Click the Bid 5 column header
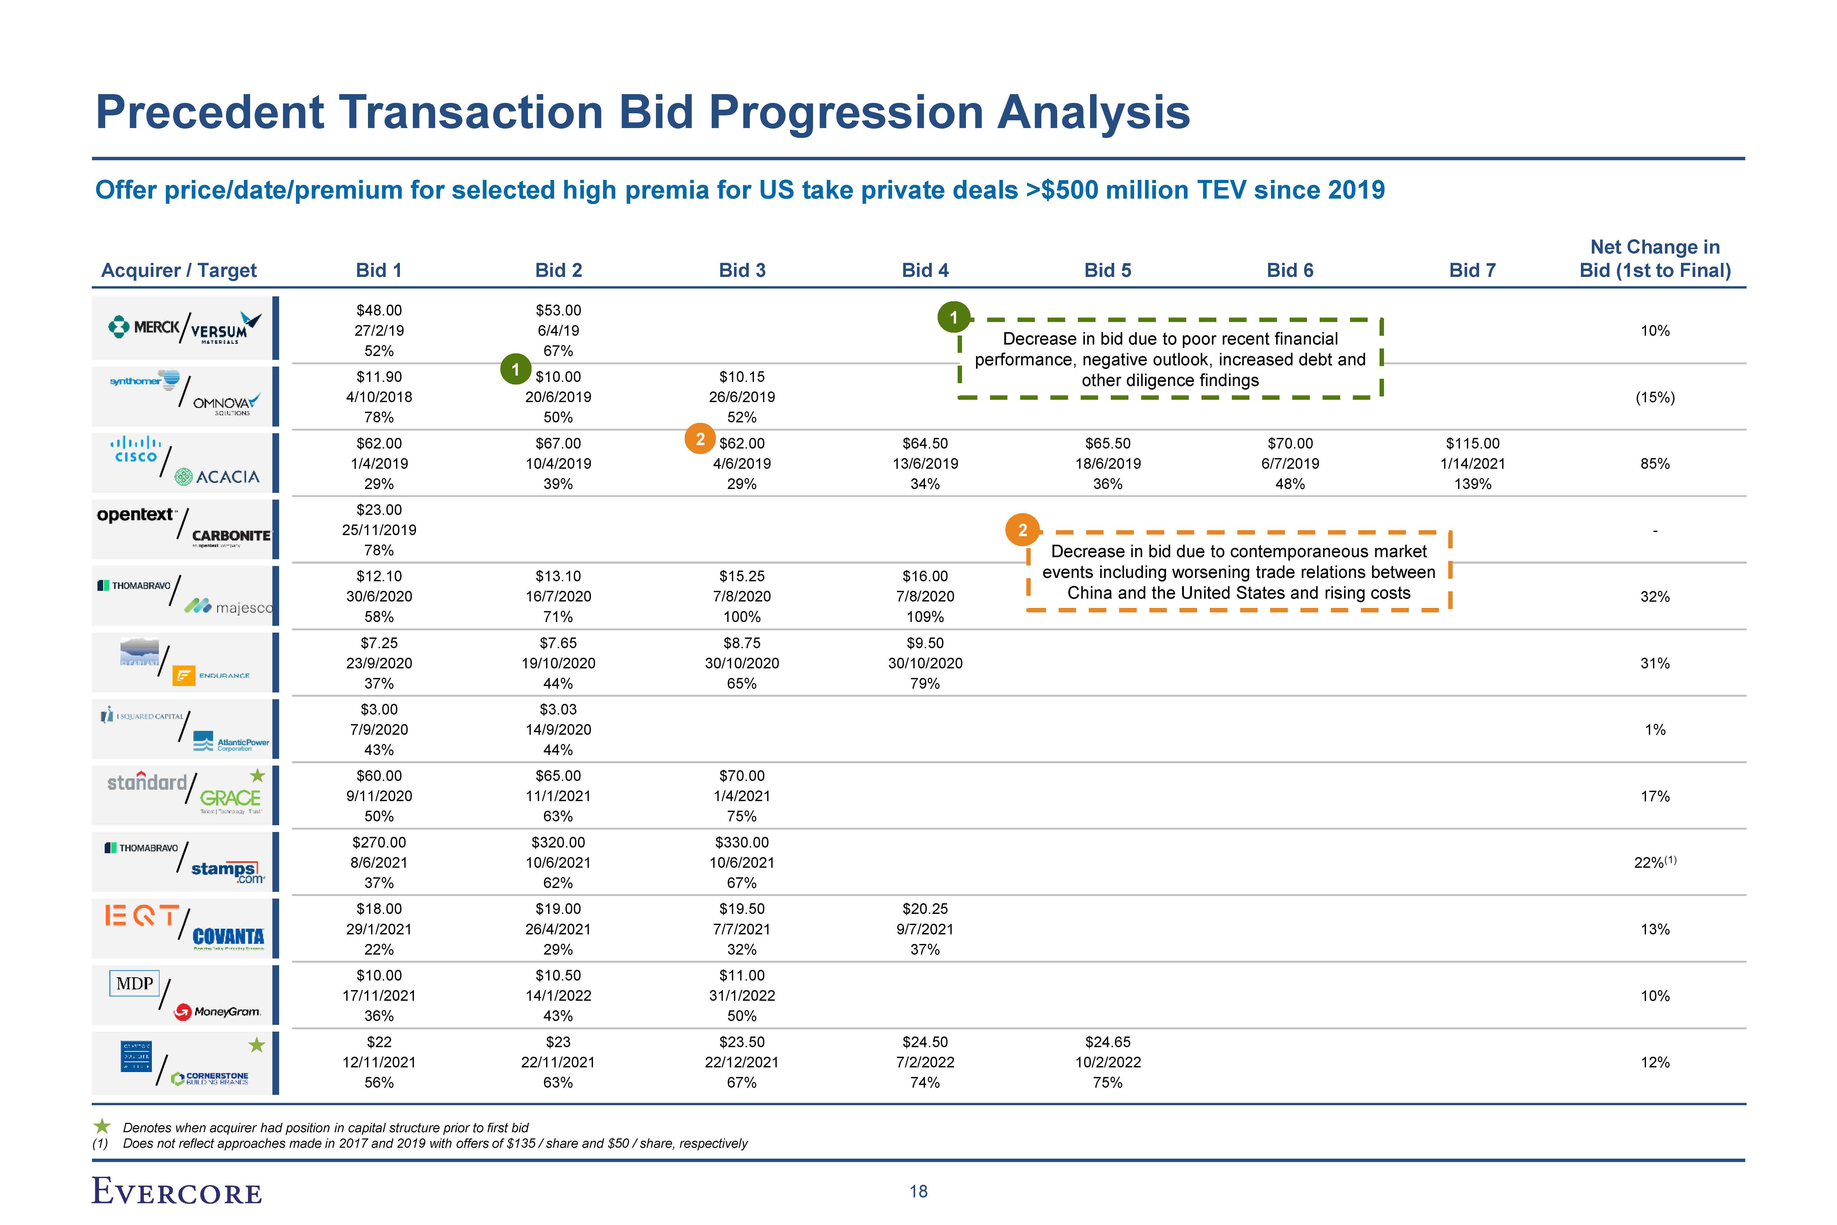point(1107,270)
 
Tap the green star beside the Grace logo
point(257,776)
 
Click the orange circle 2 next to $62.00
point(700,439)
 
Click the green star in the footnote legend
point(102,1126)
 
